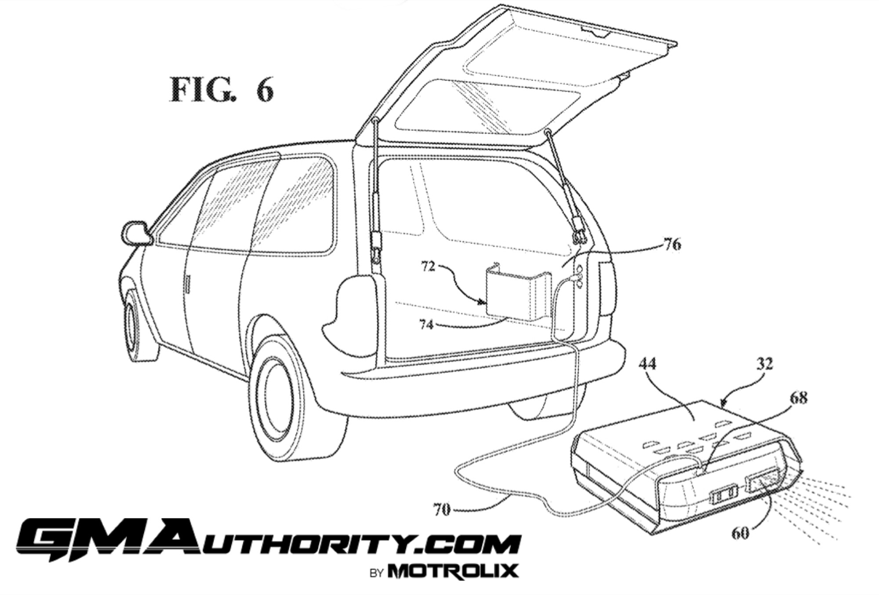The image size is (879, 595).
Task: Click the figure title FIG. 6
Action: [x=222, y=90]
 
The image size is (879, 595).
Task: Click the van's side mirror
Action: [x=135, y=234]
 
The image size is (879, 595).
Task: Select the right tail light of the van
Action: [x=607, y=288]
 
